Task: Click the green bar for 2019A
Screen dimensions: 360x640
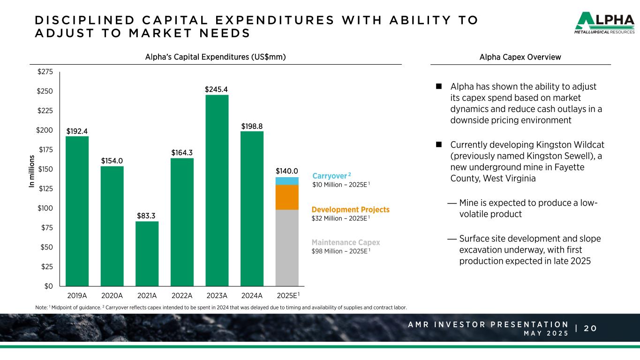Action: [77, 211]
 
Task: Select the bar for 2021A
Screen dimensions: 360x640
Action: [147, 254]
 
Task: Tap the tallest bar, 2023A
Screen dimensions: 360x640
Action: [217, 190]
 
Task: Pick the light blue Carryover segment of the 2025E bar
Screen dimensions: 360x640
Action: [287, 181]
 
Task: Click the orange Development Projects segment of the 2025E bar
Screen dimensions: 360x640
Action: [287, 197]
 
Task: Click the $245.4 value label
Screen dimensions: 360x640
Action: [216, 89]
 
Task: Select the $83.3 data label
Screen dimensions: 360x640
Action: [146, 216]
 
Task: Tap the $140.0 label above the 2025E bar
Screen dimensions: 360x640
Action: [287, 171]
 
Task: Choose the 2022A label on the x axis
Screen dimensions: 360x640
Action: [182, 295]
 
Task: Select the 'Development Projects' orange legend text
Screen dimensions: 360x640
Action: [350, 210]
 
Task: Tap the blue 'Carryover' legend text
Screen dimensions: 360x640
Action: [329, 176]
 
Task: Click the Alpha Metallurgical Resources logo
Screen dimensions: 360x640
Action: [605, 23]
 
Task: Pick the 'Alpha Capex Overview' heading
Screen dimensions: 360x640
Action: [520, 57]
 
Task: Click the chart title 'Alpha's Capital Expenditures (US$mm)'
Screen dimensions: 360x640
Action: [216, 57]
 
